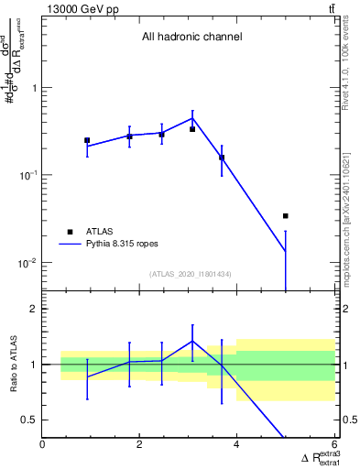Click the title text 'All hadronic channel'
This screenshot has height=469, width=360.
click(191, 38)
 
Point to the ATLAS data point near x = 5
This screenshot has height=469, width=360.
click(286, 216)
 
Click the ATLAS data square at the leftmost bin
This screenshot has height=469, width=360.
click(87, 140)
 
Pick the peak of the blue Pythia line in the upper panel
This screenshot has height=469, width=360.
click(192, 117)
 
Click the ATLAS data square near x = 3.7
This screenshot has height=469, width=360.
click(222, 158)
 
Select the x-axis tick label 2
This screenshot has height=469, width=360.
click(139, 446)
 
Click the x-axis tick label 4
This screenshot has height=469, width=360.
click(236, 446)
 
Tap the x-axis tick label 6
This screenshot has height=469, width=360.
click(333, 446)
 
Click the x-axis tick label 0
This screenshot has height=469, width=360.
click(43, 446)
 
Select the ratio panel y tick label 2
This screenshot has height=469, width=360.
click(33, 309)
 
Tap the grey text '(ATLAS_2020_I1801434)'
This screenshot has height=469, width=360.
click(191, 274)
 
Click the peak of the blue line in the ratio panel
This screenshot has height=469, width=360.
click(192, 340)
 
